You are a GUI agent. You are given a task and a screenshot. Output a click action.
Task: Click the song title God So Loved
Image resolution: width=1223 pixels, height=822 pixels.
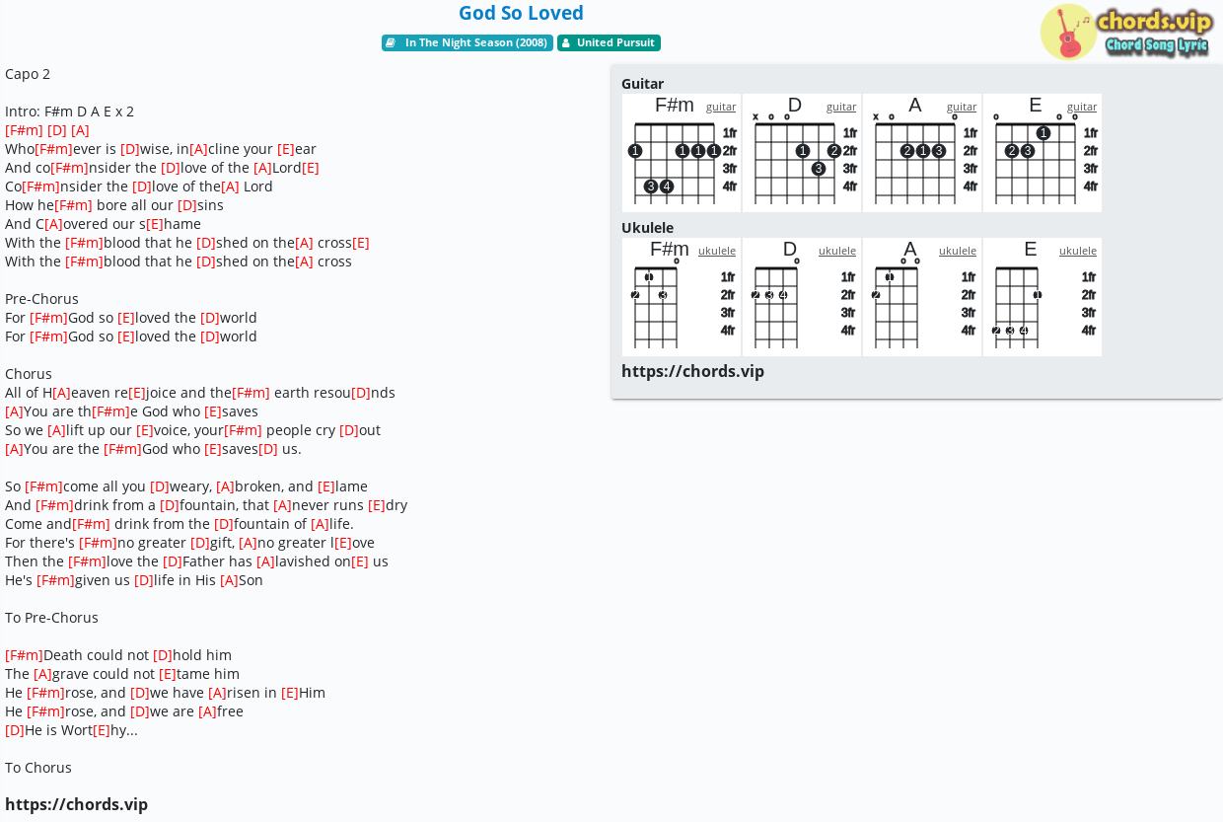point(521,13)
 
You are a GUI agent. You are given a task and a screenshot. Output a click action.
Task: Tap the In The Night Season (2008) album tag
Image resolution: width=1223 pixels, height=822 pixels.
point(468,42)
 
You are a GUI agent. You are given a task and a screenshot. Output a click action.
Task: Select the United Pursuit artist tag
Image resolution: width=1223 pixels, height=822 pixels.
point(609,42)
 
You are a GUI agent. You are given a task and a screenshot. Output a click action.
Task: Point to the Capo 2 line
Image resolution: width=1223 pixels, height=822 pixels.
point(28,74)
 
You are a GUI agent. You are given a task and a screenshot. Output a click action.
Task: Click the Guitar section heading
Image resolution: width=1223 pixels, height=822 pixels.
point(643,84)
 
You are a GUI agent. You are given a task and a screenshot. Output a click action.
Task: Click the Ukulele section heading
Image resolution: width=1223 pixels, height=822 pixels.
point(648,228)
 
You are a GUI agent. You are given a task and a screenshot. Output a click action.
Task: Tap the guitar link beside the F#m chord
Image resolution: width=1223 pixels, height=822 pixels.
point(721,107)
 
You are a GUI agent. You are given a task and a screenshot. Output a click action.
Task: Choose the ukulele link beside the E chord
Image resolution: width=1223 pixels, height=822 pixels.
point(1078,251)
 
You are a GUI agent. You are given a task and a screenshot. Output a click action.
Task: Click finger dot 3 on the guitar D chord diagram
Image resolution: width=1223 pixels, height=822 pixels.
point(818,169)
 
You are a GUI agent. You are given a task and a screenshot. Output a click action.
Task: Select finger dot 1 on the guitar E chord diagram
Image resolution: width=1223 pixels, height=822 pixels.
point(1043,132)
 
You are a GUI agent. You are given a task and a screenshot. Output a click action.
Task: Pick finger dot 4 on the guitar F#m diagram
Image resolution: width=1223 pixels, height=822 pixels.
point(666,187)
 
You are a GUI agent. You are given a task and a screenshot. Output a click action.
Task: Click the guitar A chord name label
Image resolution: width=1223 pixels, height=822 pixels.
point(915,105)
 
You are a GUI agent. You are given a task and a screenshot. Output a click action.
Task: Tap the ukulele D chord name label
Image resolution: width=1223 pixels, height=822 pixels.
point(789,249)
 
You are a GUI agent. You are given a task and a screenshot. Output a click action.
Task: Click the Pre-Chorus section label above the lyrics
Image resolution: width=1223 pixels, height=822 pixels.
point(41,299)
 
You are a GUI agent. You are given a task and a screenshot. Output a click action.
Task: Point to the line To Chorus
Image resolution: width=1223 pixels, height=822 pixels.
point(38,768)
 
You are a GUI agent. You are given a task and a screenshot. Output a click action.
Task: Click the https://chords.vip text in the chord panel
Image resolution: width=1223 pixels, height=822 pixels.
point(692,371)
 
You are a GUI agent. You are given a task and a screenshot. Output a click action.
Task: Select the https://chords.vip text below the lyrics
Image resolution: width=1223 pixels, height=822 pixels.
point(77,804)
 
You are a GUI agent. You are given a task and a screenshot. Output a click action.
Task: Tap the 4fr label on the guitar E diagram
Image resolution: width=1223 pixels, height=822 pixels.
point(1090,187)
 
